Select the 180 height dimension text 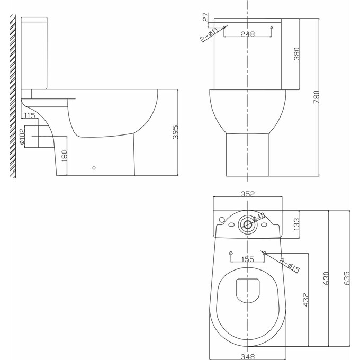pos(65,156)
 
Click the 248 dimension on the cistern pos(247,34)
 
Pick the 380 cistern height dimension pos(296,53)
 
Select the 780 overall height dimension pos(316,98)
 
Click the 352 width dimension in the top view pos(247,194)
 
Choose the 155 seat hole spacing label pos(247,259)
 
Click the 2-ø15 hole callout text pos(289,266)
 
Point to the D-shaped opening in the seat pos(247,290)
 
